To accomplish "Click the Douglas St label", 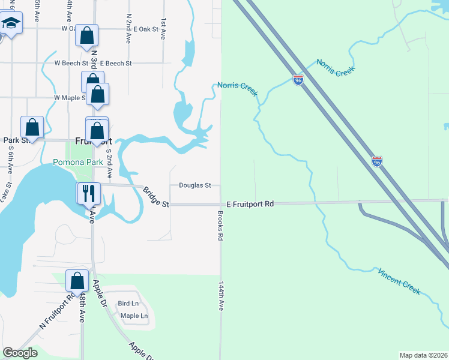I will pyautogui.click(x=194, y=185).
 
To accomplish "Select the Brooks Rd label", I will pyautogui.click(x=221, y=226).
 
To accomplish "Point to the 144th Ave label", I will pyautogui.click(x=221, y=296).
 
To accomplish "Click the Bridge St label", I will pyautogui.click(x=156, y=197).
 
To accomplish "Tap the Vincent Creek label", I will pyautogui.click(x=399, y=281).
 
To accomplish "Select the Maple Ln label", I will pyautogui.click(x=134, y=316).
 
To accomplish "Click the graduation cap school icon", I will pyautogui.click(x=10, y=24).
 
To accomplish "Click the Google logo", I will pyautogui.click(x=20, y=353).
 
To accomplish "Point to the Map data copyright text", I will pyautogui.click(x=423, y=355).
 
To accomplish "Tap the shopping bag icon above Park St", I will pyautogui.click(x=32, y=127).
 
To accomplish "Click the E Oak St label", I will pyautogui.click(x=146, y=29).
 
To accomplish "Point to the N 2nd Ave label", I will pyautogui.click(x=128, y=29).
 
